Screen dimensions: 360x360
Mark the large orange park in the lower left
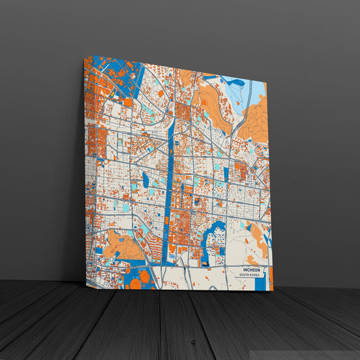[122, 246]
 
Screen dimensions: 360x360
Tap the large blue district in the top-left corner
[115, 74]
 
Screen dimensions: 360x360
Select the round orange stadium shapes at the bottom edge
[138, 281]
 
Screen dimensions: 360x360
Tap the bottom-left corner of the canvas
[86, 284]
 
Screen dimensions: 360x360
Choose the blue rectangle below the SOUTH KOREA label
[260, 284]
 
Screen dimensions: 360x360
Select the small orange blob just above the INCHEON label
[251, 260]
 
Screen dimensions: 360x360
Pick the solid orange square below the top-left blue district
[127, 102]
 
